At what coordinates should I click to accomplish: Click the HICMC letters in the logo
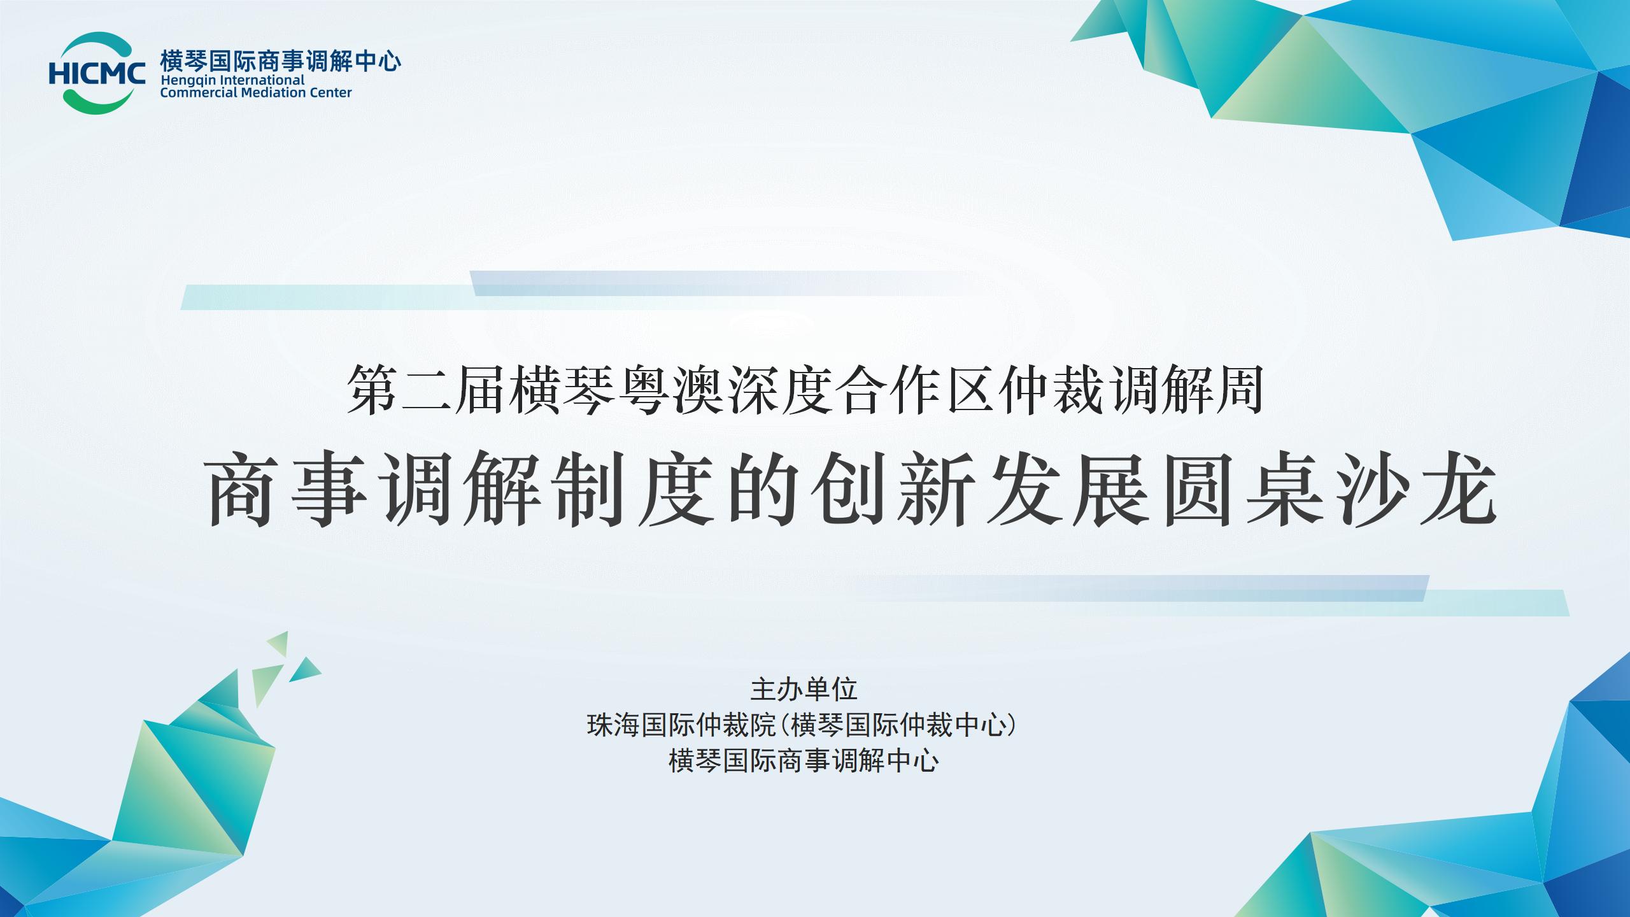[x=97, y=73]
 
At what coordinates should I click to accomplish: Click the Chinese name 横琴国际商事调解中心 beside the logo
[x=281, y=62]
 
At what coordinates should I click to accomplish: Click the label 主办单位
[x=804, y=689]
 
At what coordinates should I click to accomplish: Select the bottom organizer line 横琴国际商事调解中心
[x=804, y=761]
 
